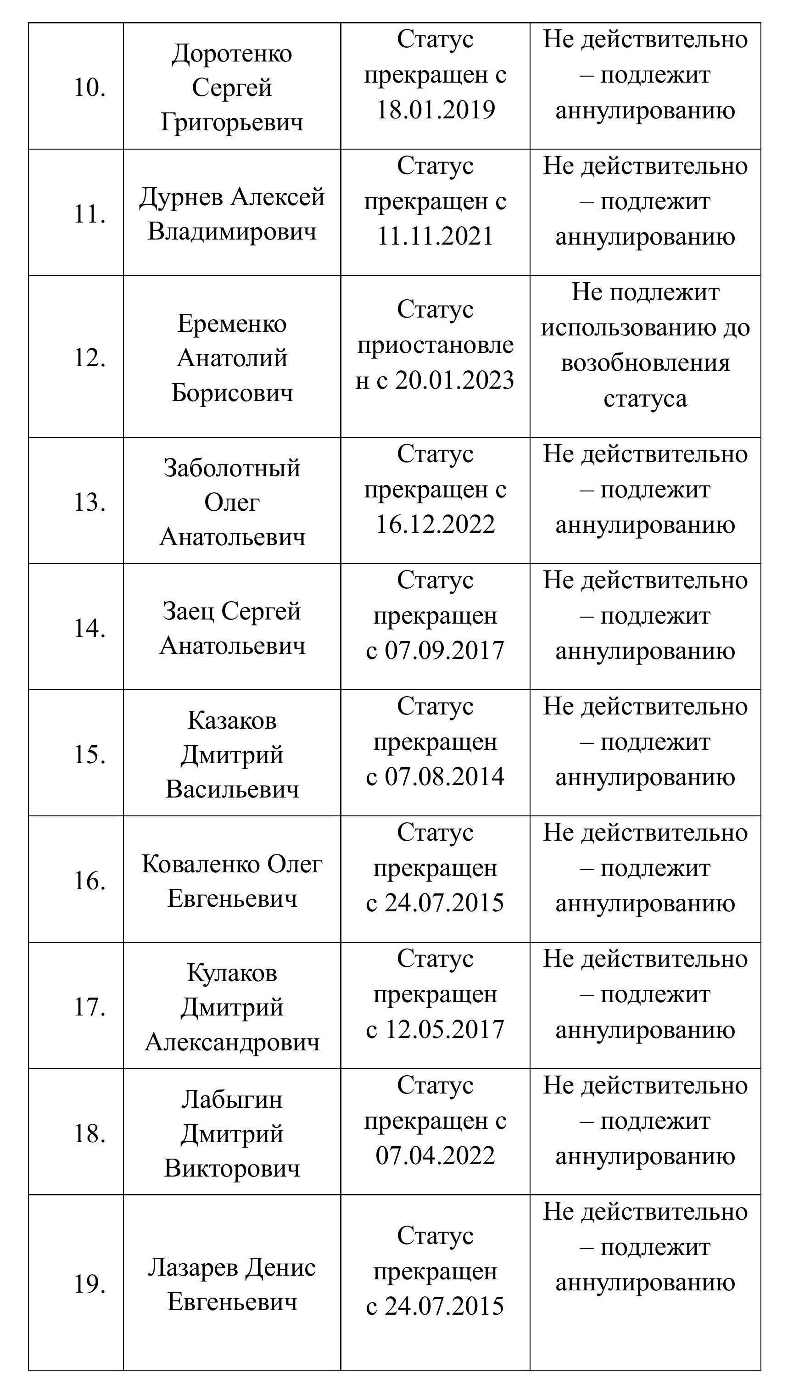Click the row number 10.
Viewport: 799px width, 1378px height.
(89, 88)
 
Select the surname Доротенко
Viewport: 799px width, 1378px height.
(232, 54)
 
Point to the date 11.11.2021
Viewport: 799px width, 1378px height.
(436, 236)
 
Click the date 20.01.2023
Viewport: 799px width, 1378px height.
(454, 380)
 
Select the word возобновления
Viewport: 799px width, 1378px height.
(645, 363)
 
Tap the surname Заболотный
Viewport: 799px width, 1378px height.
(232, 468)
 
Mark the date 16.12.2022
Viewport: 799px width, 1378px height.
(436, 524)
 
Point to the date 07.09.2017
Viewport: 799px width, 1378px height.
(444, 650)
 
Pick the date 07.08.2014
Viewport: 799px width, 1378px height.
(444, 776)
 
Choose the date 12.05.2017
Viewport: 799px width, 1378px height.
(444, 1029)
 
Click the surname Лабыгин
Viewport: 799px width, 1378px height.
(232, 1099)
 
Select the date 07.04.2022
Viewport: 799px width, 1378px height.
(436, 1155)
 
